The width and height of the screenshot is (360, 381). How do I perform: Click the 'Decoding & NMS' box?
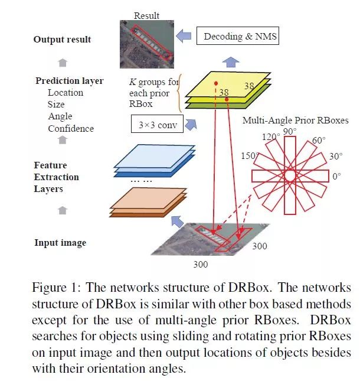coord(240,37)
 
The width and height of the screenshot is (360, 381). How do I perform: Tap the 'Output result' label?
coord(63,40)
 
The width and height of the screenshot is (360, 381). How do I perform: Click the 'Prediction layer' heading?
coord(69,81)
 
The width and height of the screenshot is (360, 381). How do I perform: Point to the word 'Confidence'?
coord(71,128)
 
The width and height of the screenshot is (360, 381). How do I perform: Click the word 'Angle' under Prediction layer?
coord(60,116)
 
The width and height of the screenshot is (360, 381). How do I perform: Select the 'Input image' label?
coord(60,243)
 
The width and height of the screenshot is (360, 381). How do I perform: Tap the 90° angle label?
coord(290,131)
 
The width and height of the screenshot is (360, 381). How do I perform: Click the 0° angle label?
coord(338,176)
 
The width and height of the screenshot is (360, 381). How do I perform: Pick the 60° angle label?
coord(320,141)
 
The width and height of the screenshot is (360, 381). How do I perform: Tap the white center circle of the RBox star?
coord(290,176)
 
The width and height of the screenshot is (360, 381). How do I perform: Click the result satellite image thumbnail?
coord(146,40)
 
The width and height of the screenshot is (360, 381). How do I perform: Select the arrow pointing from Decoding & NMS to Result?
coord(184,37)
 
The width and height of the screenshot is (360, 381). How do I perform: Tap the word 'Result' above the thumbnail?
coord(146,16)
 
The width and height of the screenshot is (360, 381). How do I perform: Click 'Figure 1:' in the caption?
coord(57,288)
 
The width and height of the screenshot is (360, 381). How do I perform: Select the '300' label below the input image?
coord(201,264)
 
